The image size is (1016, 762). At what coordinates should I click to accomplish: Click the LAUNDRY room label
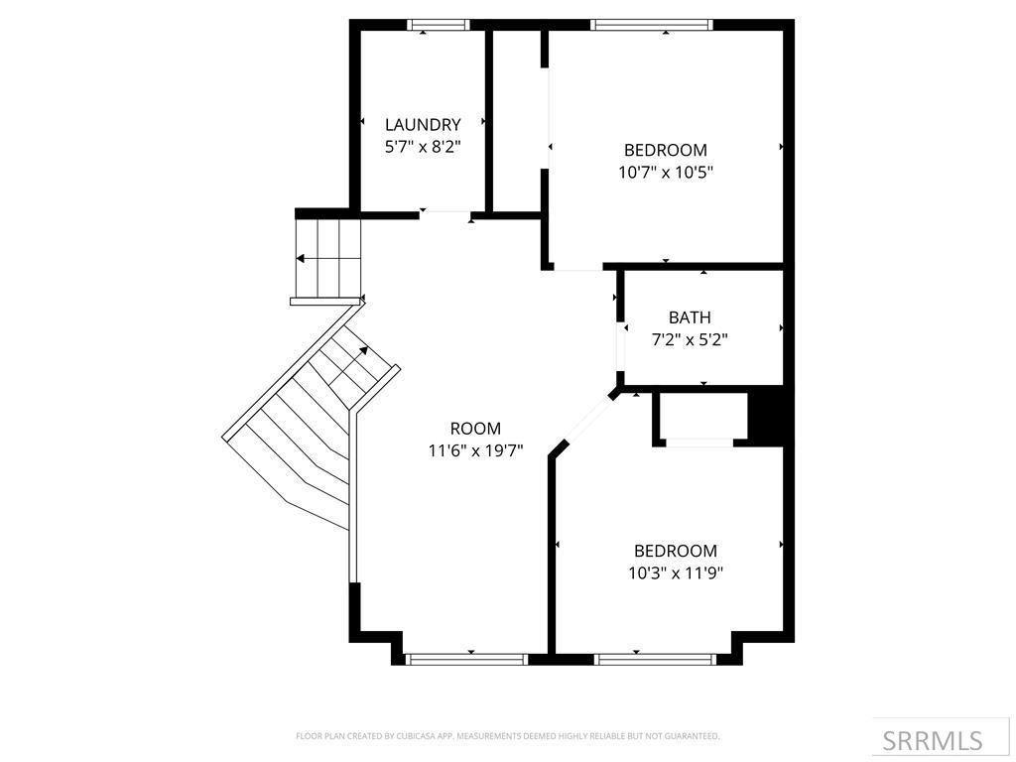(x=423, y=125)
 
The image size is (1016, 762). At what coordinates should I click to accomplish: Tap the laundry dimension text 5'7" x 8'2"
(x=423, y=146)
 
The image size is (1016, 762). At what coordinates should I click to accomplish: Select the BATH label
(x=689, y=317)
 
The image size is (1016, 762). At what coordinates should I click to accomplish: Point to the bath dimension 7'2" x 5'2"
(x=689, y=339)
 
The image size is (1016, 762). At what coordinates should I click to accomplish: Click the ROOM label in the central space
(x=475, y=429)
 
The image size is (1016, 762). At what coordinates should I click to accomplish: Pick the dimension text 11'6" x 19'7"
(x=475, y=450)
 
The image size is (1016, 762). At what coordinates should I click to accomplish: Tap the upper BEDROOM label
(x=665, y=150)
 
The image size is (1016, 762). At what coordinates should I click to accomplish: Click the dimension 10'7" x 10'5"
(x=665, y=172)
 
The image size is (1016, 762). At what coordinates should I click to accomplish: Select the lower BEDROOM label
(x=675, y=551)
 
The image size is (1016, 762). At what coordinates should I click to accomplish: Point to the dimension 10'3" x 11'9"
(x=675, y=572)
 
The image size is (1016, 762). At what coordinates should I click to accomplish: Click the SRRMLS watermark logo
(x=932, y=740)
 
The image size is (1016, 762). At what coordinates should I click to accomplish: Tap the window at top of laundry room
(x=439, y=25)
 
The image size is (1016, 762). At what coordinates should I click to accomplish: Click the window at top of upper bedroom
(x=651, y=25)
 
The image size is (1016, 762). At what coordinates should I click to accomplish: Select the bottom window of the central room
(x=466, y=658)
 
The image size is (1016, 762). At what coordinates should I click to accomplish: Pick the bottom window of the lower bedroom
(x=655, y=658)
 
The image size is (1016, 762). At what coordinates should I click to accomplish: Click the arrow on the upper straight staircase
(x=300, y=258)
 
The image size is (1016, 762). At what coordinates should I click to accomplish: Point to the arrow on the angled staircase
(x=363, y=350)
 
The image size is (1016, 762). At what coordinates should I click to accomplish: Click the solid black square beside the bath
(x=768, y=415)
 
